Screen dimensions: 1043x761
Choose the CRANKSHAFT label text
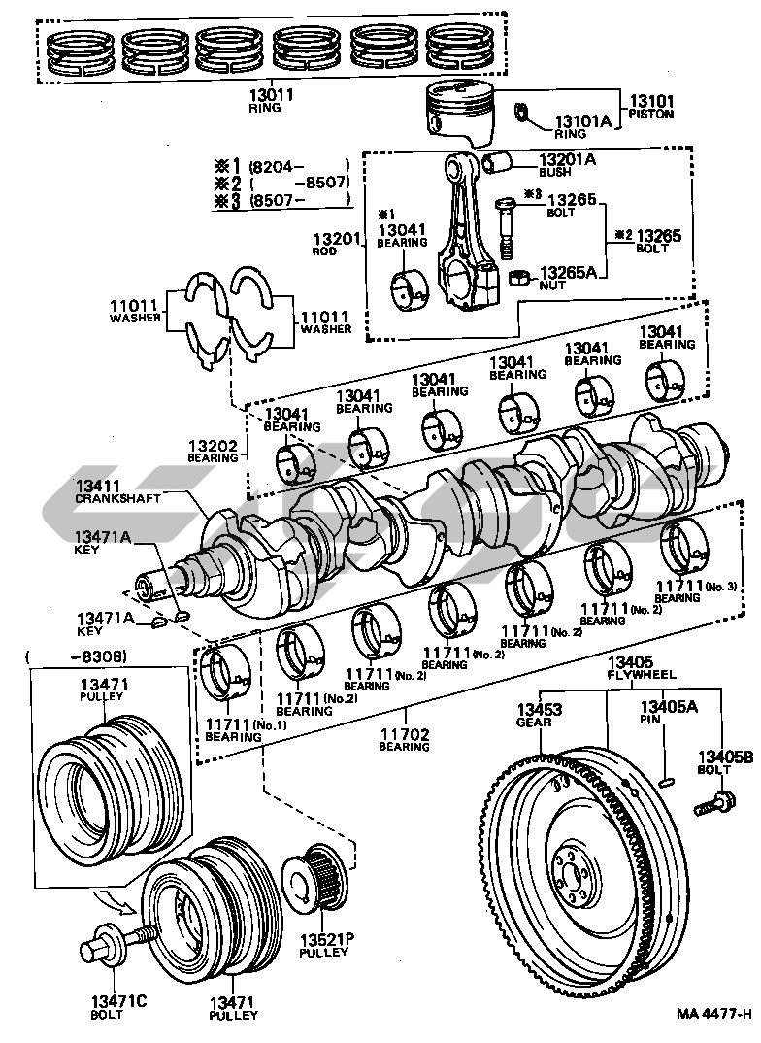pos(117,498)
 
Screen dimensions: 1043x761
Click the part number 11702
pos(405,735)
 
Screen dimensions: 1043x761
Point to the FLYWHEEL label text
pos(642,674)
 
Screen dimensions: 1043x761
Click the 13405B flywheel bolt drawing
pos(713,802)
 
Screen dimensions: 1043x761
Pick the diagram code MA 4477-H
pos(713,1015)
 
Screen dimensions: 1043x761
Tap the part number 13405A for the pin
pos(668,709)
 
